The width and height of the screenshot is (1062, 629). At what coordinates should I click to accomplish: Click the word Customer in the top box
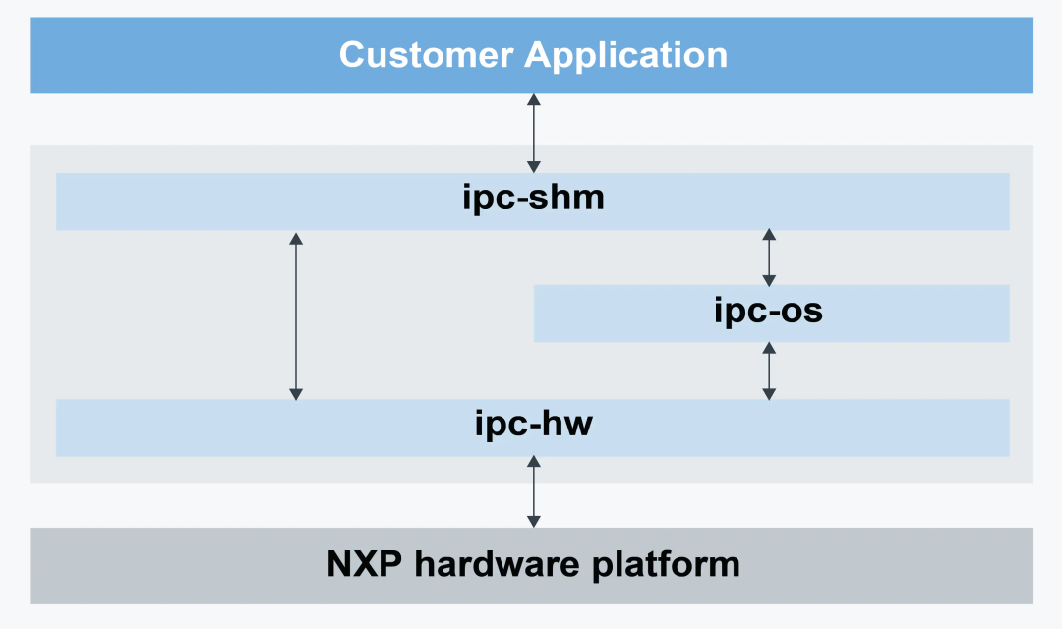coord(427,55)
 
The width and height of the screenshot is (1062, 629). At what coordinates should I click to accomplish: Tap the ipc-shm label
coord(533,200)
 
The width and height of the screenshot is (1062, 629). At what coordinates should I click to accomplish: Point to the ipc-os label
coord(768,313)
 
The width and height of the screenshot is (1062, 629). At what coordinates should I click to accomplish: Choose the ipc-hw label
coord(533,426)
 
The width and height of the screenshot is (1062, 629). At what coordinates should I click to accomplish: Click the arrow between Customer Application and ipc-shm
coord(533,134)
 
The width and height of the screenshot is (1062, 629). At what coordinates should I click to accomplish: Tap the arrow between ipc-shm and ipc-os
coord(769,257)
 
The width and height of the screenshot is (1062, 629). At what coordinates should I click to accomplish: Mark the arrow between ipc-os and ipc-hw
coord(769,371)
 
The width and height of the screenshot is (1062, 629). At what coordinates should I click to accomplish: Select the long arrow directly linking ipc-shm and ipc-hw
coord(295,314)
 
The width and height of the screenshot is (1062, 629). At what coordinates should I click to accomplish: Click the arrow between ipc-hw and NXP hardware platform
coord(533,491)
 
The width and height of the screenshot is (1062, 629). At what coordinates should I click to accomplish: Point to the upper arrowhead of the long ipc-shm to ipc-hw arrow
coord(295,238)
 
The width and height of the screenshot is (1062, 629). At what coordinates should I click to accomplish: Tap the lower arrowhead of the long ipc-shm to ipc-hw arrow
coord(295,393)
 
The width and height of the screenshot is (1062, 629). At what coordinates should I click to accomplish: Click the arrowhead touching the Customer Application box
coord(533,100)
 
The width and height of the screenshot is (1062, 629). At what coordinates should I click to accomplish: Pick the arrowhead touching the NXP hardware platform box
coord(533,521)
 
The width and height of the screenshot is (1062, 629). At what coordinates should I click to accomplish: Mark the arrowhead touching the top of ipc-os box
coord(769,278)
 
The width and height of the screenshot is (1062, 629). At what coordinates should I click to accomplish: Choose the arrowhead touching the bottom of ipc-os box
coord(769,348)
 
